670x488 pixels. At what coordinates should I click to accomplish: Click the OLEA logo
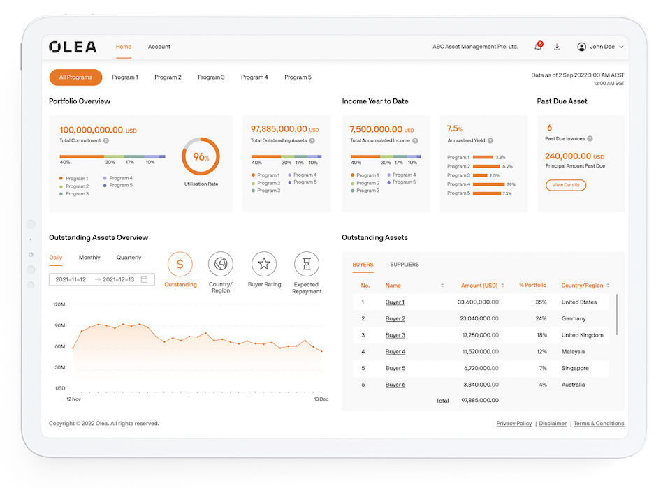point(73,47)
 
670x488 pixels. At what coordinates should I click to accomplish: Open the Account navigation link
point(159,47)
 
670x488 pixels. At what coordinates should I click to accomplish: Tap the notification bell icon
point(538,47)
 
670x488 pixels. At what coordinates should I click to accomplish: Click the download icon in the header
point(557,47)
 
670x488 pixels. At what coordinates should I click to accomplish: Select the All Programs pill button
point(75,77)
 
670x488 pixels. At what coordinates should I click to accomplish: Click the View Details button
point(565,185)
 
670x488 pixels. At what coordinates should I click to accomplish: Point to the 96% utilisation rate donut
point(201,157)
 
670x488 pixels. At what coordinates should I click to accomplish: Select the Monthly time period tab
point(89,258)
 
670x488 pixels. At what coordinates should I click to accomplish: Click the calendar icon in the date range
point(145,279)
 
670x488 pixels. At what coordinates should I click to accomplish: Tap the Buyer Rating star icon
point(264,264)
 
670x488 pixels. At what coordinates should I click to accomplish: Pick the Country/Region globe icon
point(221,264)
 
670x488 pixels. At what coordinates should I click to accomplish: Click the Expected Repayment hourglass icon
point(307,264)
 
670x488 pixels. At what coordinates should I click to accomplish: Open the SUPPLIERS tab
point(405,265)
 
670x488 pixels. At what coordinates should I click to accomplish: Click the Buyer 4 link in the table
point(395,352)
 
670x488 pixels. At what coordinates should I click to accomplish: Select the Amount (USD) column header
point(479,286)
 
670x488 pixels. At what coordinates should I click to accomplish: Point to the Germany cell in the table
point(574,318)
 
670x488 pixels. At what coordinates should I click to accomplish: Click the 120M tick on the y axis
point(59,305)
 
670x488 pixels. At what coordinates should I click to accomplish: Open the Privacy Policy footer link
point(514,424)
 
